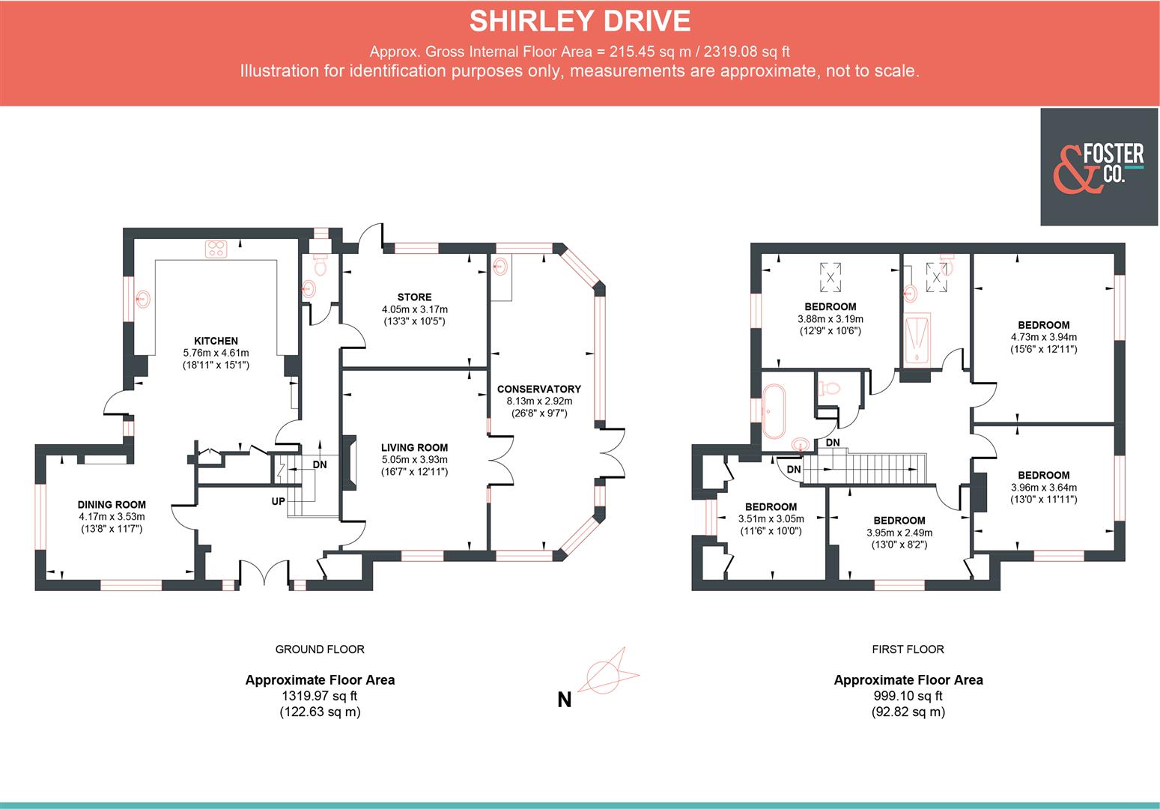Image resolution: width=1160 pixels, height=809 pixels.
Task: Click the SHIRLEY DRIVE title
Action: (580, 21)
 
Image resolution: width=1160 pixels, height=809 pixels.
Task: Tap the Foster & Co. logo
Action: (1099, 167)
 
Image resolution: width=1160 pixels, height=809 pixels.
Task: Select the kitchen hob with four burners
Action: (216, 249)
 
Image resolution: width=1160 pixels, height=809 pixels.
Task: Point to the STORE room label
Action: (414, 297)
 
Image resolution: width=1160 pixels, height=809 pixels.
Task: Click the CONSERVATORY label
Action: (538, 389)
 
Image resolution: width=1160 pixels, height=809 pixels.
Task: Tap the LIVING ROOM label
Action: (414, 447)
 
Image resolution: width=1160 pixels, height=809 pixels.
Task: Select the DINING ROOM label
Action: (112, 505)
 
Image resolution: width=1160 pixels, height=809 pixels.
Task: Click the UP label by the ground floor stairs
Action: (278, 501)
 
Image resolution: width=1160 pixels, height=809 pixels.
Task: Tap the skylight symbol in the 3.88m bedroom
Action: (830, 276)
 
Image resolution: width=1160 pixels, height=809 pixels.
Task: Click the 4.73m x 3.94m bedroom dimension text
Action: (1043, 337)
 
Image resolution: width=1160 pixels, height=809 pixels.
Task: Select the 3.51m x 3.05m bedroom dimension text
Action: (771, 518)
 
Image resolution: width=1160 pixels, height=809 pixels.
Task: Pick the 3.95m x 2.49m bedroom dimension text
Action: (899, 533)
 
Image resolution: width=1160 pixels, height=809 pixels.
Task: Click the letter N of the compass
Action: (564, 700)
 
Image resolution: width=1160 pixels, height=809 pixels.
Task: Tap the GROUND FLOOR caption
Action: (320, 649)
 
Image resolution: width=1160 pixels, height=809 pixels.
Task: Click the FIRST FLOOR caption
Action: (908, 649)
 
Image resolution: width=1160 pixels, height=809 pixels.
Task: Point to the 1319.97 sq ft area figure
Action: (320, 696)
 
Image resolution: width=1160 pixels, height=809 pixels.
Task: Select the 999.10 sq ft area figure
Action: (908, 696)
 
